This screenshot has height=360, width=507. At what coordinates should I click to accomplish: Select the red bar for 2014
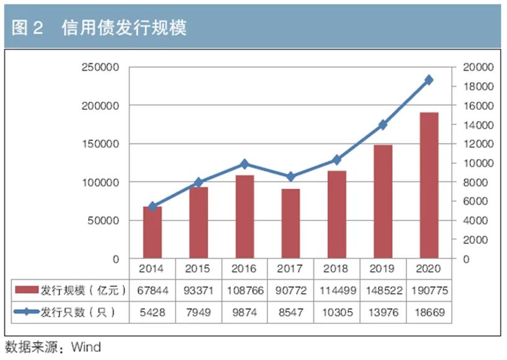pos(153,232)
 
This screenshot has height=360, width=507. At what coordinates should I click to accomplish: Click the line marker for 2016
pos(245,164)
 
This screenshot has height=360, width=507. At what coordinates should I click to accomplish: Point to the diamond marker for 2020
pos(429,80)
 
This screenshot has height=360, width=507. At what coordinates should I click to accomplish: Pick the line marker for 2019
pos(383,125)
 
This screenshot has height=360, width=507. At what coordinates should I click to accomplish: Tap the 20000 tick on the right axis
pos(478,67)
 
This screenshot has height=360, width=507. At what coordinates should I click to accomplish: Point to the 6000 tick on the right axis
pos(475,201)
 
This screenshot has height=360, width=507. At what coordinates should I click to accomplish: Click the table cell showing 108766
pos(245,290)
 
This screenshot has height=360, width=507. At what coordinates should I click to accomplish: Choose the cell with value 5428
pos(153,312)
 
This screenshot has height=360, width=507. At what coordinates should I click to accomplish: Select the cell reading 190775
pos(429,290)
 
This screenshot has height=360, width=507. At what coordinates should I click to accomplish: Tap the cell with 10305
pos(336,312)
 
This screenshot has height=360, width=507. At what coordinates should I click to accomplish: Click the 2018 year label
pos(336,269)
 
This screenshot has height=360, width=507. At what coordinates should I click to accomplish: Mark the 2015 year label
pos(199,269)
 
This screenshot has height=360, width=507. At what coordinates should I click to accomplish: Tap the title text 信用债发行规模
pos(124,27)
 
